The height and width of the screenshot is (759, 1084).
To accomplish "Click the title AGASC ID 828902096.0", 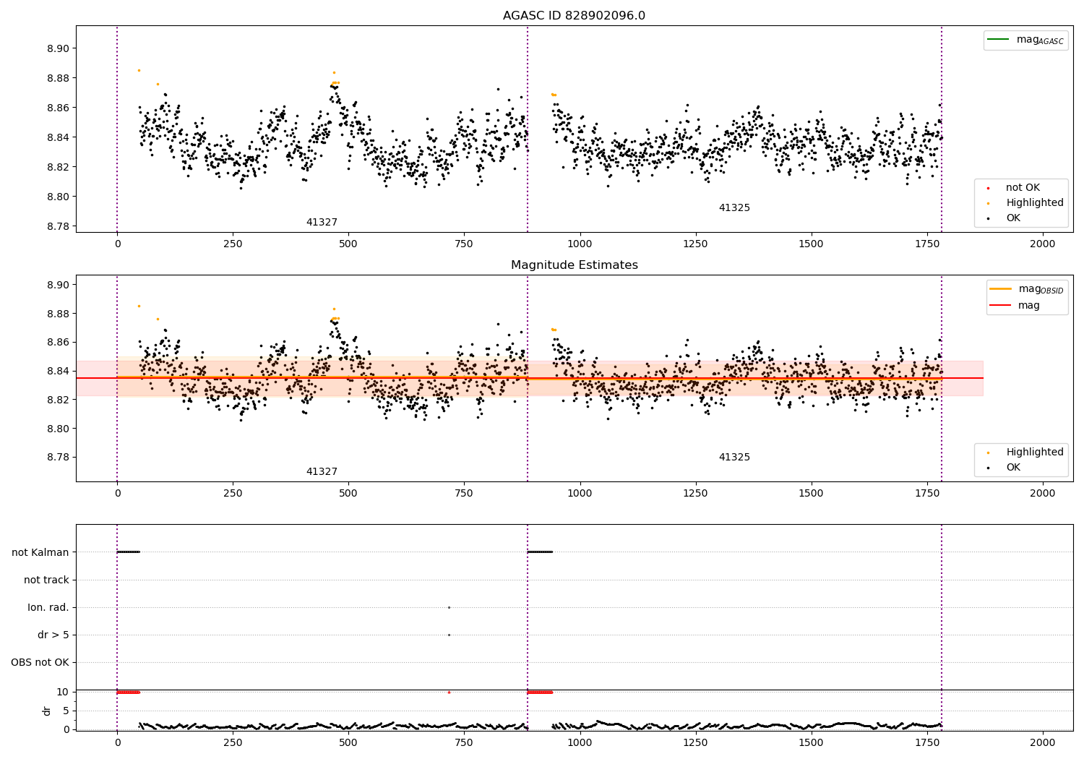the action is (x=574, y=15).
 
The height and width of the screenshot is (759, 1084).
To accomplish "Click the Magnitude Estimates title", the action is (x=575, y=265).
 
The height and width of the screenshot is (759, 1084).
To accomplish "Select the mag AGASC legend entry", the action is (x=1025, y=40).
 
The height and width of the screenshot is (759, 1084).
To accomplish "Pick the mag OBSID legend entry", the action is (x=1026, y=289).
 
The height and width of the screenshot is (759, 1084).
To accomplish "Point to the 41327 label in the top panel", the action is (x=322, y=222).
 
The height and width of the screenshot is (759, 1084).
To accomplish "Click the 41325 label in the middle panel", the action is (x=734, y=457).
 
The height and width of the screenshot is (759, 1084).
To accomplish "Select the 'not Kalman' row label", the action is (x=40, y=552).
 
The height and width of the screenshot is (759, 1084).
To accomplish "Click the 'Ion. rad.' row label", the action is (x=48, y=607).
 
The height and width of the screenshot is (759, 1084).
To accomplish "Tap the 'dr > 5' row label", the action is (x=53, y=635).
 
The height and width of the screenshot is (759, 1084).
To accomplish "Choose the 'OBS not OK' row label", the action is (x=40, y=662).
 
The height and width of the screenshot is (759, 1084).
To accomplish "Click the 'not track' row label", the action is (x=46, y=580).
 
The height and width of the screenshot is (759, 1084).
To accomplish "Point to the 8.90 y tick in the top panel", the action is (x=58, y=48).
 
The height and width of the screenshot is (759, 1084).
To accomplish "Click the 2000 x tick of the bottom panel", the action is (x=1042, y=742).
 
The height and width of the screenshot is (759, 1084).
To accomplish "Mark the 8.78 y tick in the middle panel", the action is (x=58, y=457).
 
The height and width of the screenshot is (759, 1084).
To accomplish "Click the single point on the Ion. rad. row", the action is (x=449, y=607).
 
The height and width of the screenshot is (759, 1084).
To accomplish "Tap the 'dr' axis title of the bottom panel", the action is (x=46, y=711).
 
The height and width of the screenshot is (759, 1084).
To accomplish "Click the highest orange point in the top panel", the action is (x=139, y=71).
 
